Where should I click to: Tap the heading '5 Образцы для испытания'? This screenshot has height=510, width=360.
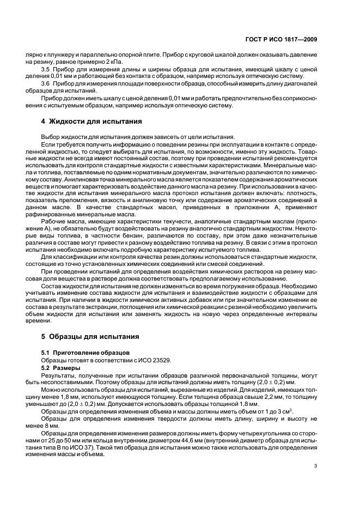pyautogui.click(x=88, y=336)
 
